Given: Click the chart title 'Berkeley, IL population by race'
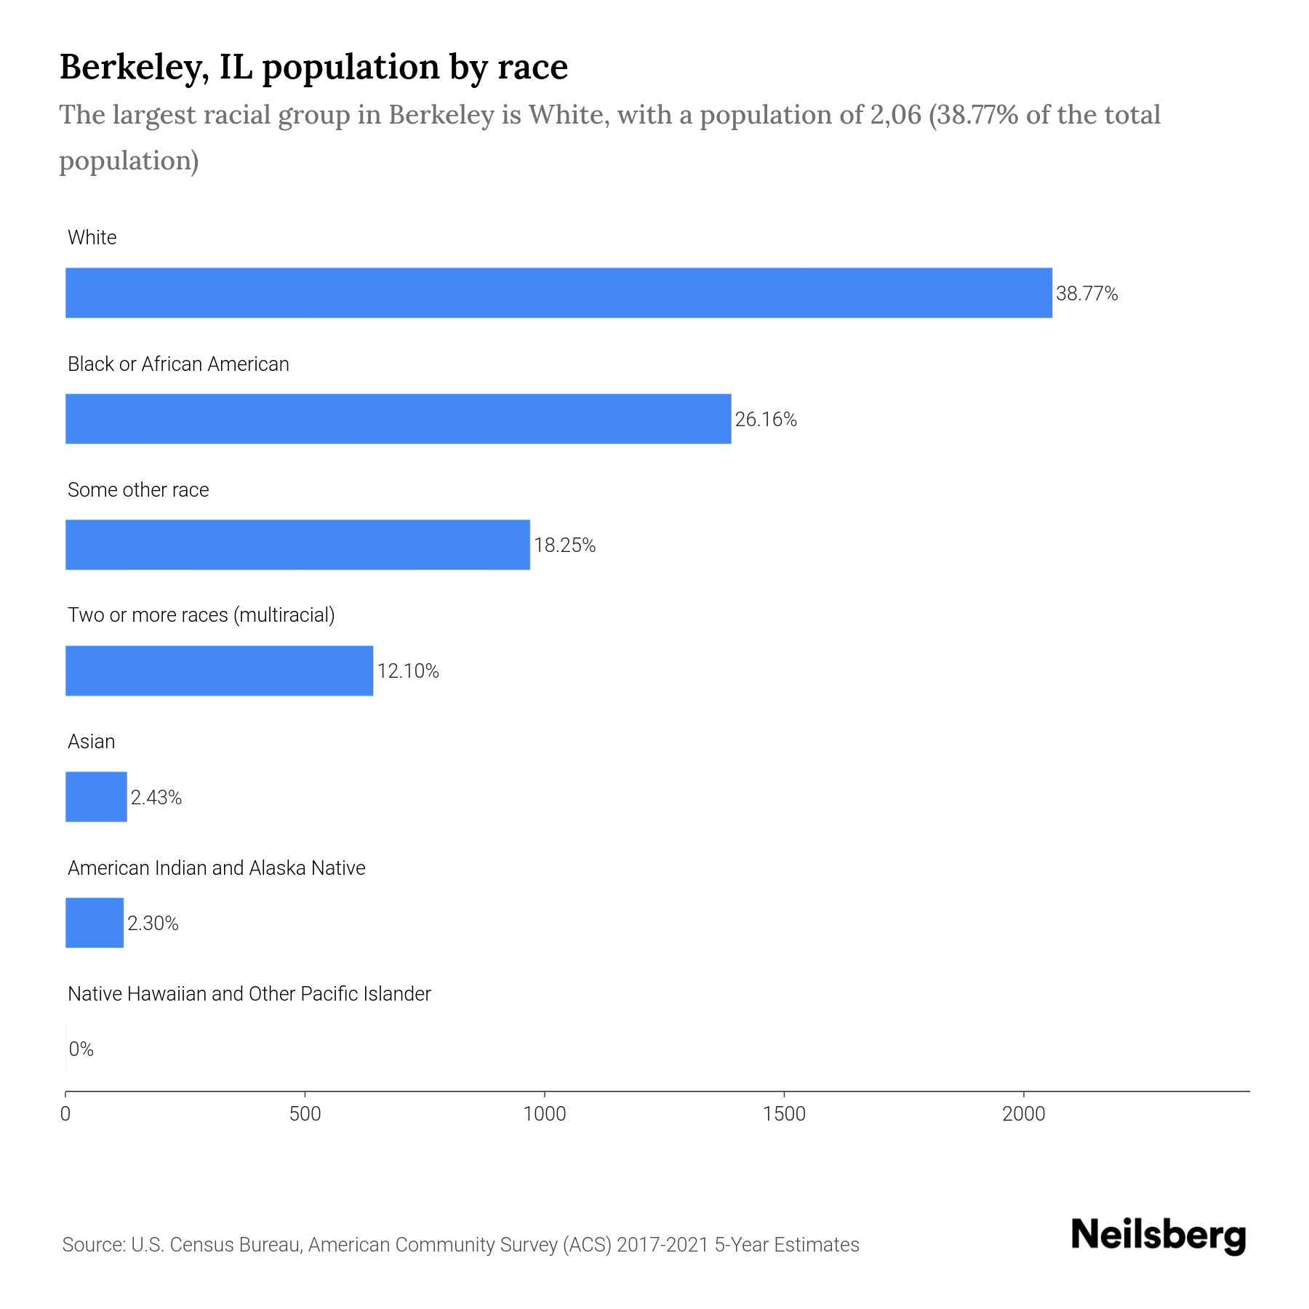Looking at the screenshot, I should pyautogui.click(x=313, y=67).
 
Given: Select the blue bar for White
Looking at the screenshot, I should pyautogui.click(x=559, y=293).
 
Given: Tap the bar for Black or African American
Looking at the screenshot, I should pyautogui.click(x=398, y=419).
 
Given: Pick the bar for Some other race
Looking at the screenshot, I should pyautogui.click(x=297, y=545).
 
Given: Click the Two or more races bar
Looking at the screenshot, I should pyautogui.click(x=219, y=670).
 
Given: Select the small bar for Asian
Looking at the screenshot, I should pyautogui.click(x=96, y=797).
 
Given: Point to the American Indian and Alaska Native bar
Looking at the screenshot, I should pyautogui.click(x=95, y=923).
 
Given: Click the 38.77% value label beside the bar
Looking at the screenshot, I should pyautogui.click(x=1086, y=294).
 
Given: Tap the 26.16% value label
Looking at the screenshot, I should pyautogui.click(x=766, y=420).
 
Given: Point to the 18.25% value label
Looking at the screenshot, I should pyautogui.click(x=564, y=545).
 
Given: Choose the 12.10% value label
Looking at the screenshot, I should pyautogui.click(x=408, y=671).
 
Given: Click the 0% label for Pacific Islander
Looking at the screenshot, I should pyautogui.click(x=81, y=1049).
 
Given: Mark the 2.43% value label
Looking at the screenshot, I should pyautogui.click(x=156, y=798).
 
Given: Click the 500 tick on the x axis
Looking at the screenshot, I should pyautogui.click(x=305, y=1114).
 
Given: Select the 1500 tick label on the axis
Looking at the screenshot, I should pyautogui.click(x=785, y=1114).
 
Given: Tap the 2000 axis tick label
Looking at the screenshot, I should pyautogui.click(x=1023, y=1114).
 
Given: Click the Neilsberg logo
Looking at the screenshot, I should pyautogui.click(x=1158, y=1236).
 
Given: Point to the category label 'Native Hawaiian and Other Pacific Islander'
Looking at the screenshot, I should pyautogui.click(x=249, y=994).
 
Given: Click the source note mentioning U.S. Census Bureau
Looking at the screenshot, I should pyautogui.click(x=460, y=1245).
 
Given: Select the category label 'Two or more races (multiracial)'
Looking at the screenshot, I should pyautogui.click(x=201, y=615).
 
